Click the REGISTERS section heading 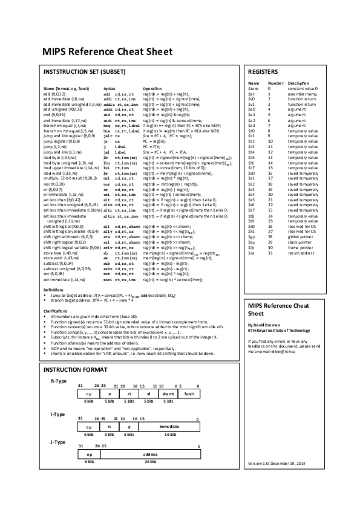click(x=263, y=71)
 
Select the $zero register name click(x=254, y=88)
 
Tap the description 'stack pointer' click(x=301, y=242)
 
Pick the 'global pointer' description click(x=302, y=236)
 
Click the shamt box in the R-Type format click(x=168, y=394)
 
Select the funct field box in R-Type click(x=189, y=394)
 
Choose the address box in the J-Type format click(x=150, y=454)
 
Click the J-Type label click(x=57, y=442)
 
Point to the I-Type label click(x=57, y=414)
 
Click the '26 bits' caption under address click(x=150, y=461)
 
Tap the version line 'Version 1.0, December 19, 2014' click(x=277, y=463)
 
